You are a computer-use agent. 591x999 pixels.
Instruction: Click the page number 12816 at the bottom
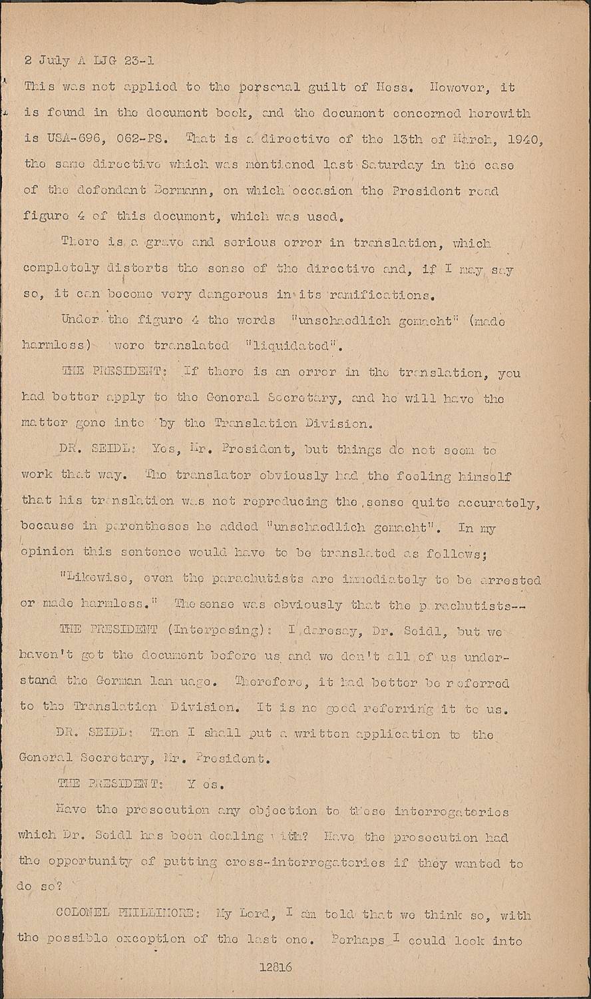(276, 967)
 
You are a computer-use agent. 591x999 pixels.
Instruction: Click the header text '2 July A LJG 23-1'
(89, 61)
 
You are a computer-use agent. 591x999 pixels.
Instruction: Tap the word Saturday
(390, 165)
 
